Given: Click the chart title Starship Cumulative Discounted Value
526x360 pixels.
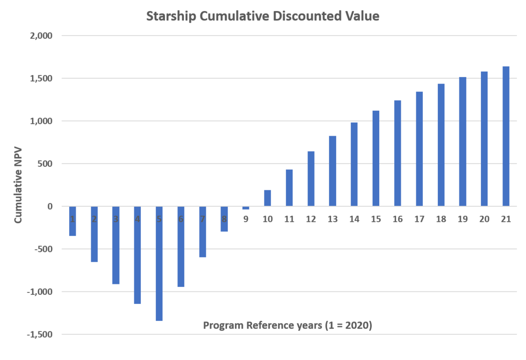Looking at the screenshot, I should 262,17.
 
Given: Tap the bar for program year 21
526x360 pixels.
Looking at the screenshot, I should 506,136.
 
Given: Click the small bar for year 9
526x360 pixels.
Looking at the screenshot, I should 245,208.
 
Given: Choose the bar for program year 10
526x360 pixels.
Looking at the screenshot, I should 268,198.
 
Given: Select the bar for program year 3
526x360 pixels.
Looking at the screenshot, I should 116,245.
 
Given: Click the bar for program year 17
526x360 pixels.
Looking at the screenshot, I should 419,148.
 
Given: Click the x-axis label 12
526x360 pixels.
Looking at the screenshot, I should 311,219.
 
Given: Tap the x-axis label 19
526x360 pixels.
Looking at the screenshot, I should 462,219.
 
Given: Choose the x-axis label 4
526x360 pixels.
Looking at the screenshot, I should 137,219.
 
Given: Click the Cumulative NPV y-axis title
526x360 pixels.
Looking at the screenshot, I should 19,185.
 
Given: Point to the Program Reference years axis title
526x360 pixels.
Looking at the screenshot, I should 288,325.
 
